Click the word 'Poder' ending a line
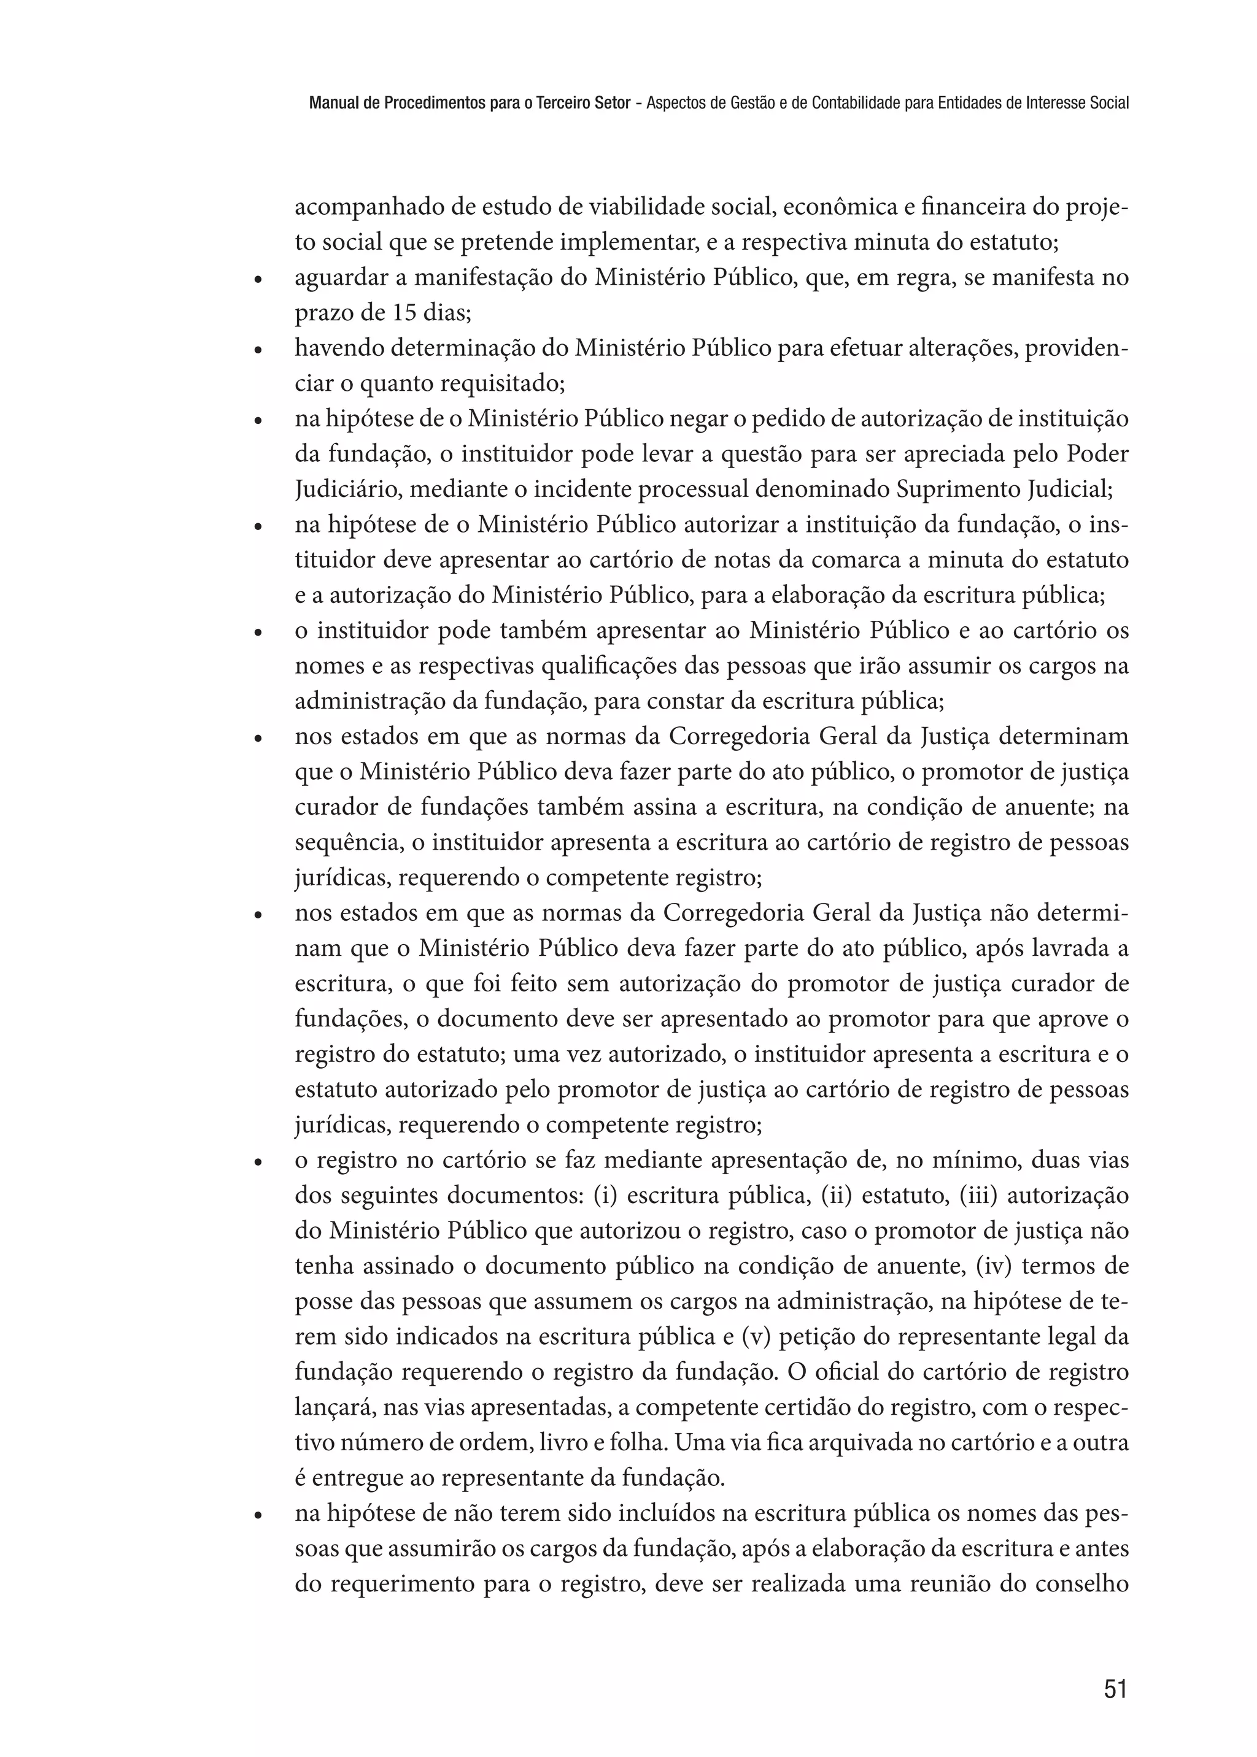pyautogui.click(x=1097, y=454)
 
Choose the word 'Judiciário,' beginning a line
pyautogui.click(x=345, y=489)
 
